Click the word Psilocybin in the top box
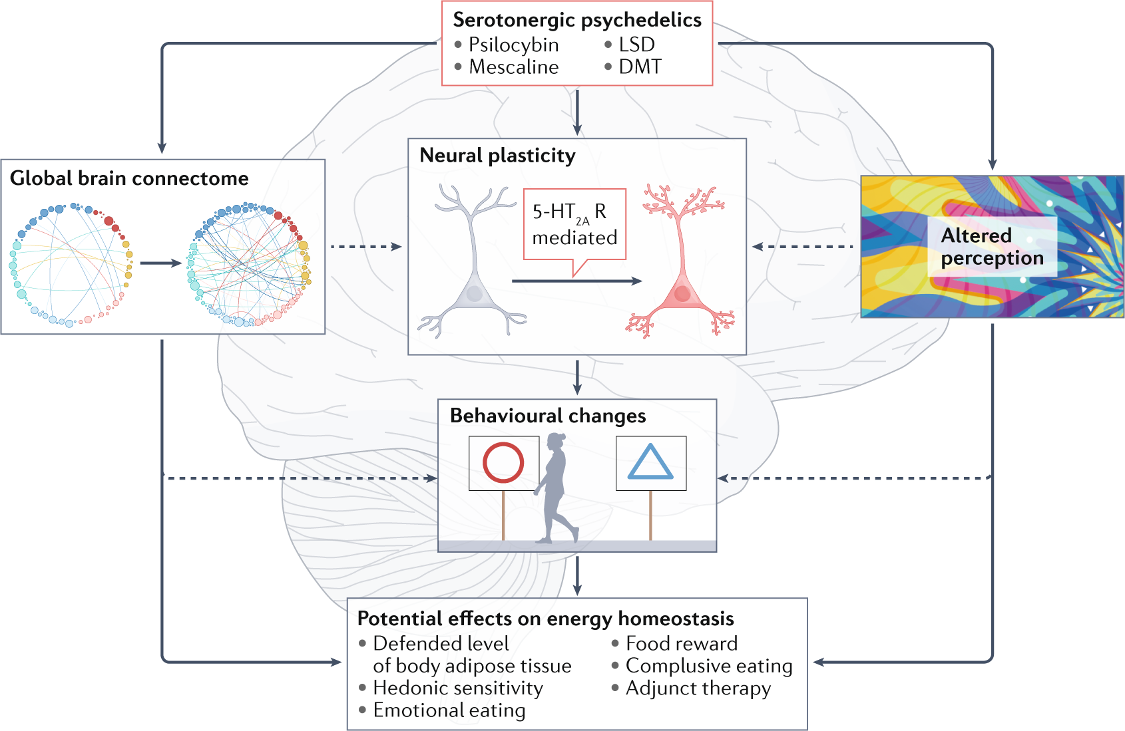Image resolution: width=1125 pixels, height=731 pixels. tap(513, 45)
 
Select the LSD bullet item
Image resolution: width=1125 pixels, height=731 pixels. tap(636, 45)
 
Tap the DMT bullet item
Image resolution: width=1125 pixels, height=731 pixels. tap(640, 67)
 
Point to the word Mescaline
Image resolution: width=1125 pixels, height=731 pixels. tap(513, 67)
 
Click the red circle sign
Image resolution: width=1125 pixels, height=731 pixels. tap(503, 462)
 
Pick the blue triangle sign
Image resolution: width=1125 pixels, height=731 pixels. tap(650, 462)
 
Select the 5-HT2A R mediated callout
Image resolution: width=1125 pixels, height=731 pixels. tap(574, 225)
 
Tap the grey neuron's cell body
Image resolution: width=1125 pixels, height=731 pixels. tap(474, 293)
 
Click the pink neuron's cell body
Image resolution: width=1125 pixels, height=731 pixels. tap(682, 293)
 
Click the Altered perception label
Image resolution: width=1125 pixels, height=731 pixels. tap(991, 246)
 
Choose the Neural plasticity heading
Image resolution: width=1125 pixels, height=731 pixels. tap(497, 156)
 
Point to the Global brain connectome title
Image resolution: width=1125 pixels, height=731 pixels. tap(129, 178)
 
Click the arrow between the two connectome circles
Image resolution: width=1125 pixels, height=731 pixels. tap(160, 263)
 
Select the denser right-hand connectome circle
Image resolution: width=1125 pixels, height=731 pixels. tap(249, 265)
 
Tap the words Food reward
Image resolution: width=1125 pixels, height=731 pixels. tap(681, 643)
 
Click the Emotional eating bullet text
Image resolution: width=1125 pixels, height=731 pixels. tap(449, 710)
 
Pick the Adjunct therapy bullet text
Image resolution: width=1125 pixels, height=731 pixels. tap(698, 688)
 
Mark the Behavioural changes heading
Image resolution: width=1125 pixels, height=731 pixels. tap(548, 416)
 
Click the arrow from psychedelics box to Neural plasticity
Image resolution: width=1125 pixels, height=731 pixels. tap(577, 112)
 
